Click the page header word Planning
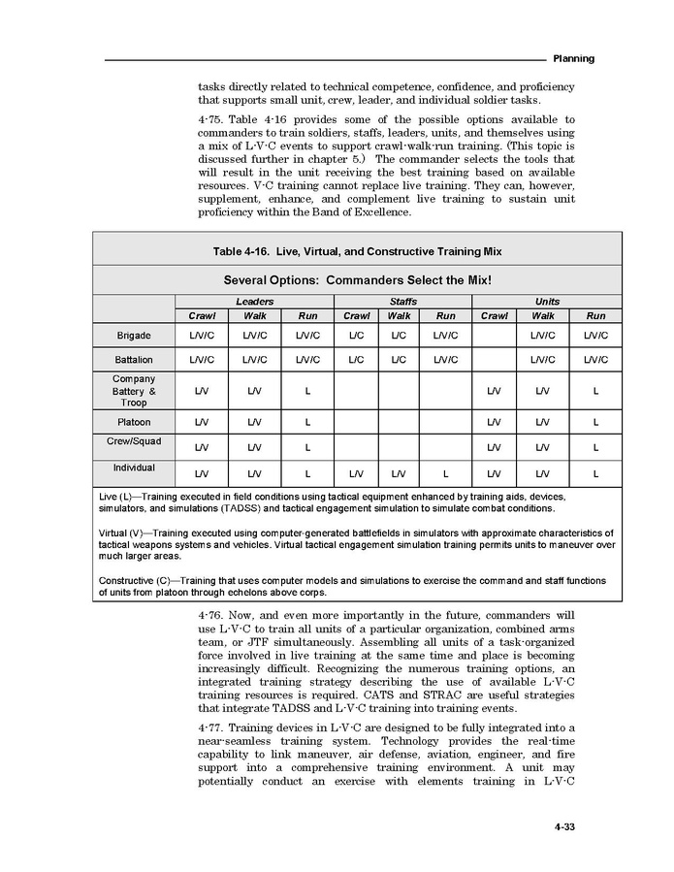pyautogui.click(x=573, y=59)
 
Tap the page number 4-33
pyautogui.click(x=567, y=827)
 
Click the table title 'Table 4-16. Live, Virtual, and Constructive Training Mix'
pyautogui.click(x=357, y=251)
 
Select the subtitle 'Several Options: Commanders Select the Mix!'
pyautogui.click(x=357, y=280)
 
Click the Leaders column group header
pyautogui.click(x=254, y=302)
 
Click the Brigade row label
pyautogui.click(x=134, y=336)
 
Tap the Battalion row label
pyautogui.click(x=134, y=360)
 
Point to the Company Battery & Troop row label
pyautogui.click(x=134, y=390)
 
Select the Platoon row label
pyautogui.click(x=134, y=422)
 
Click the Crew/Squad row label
pyautogui.click(x=134, y=441)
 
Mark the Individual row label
pyautogui.click(x=134, y=468)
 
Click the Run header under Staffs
pyautogui.click(x=445, y=316)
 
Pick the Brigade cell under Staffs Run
pyautogui.click(x=445, y=336)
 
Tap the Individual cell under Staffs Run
pyautogui.click(x=445, y=473)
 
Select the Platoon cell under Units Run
pyautogui.click(x=595, y=422)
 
